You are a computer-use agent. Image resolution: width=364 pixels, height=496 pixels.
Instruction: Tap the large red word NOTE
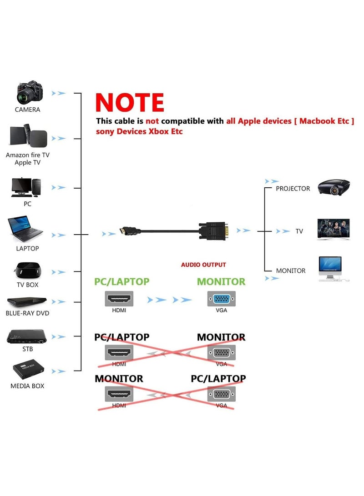(130, 103)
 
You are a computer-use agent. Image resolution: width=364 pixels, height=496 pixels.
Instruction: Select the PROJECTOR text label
(293, 188)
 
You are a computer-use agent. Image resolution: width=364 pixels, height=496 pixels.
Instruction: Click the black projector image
(334, 187)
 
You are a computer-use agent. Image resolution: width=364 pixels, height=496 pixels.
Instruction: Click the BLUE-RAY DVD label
(27, 313)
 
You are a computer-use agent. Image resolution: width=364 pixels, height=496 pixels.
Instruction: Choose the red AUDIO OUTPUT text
(203, 265)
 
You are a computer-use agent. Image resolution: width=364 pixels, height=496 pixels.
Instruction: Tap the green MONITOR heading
(221, 281)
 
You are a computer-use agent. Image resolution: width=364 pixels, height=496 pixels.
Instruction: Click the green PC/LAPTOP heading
(121, 281)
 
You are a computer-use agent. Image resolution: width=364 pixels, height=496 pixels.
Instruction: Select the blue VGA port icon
(222, 300)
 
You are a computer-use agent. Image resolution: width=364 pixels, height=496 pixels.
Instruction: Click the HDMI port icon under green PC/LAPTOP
(119, 300)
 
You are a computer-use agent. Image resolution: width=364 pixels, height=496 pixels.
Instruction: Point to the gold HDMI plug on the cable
(124, 231)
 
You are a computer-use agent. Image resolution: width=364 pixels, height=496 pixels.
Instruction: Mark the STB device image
(26, 336)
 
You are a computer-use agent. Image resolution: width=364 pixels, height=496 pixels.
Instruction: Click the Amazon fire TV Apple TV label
(27, 159)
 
